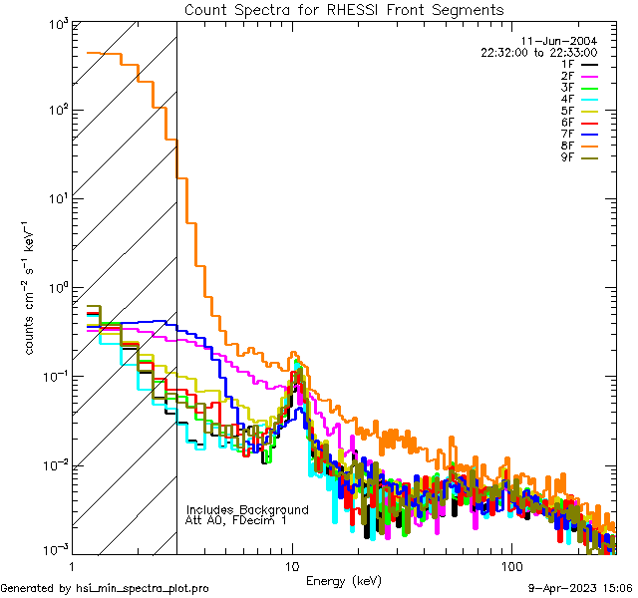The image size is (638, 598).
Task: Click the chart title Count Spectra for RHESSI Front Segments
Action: pos(344,10)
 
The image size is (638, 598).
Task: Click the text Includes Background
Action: pos(247,509)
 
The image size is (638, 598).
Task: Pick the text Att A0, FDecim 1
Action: pos(236,520)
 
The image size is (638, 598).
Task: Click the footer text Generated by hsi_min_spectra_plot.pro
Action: pos(106,589)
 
